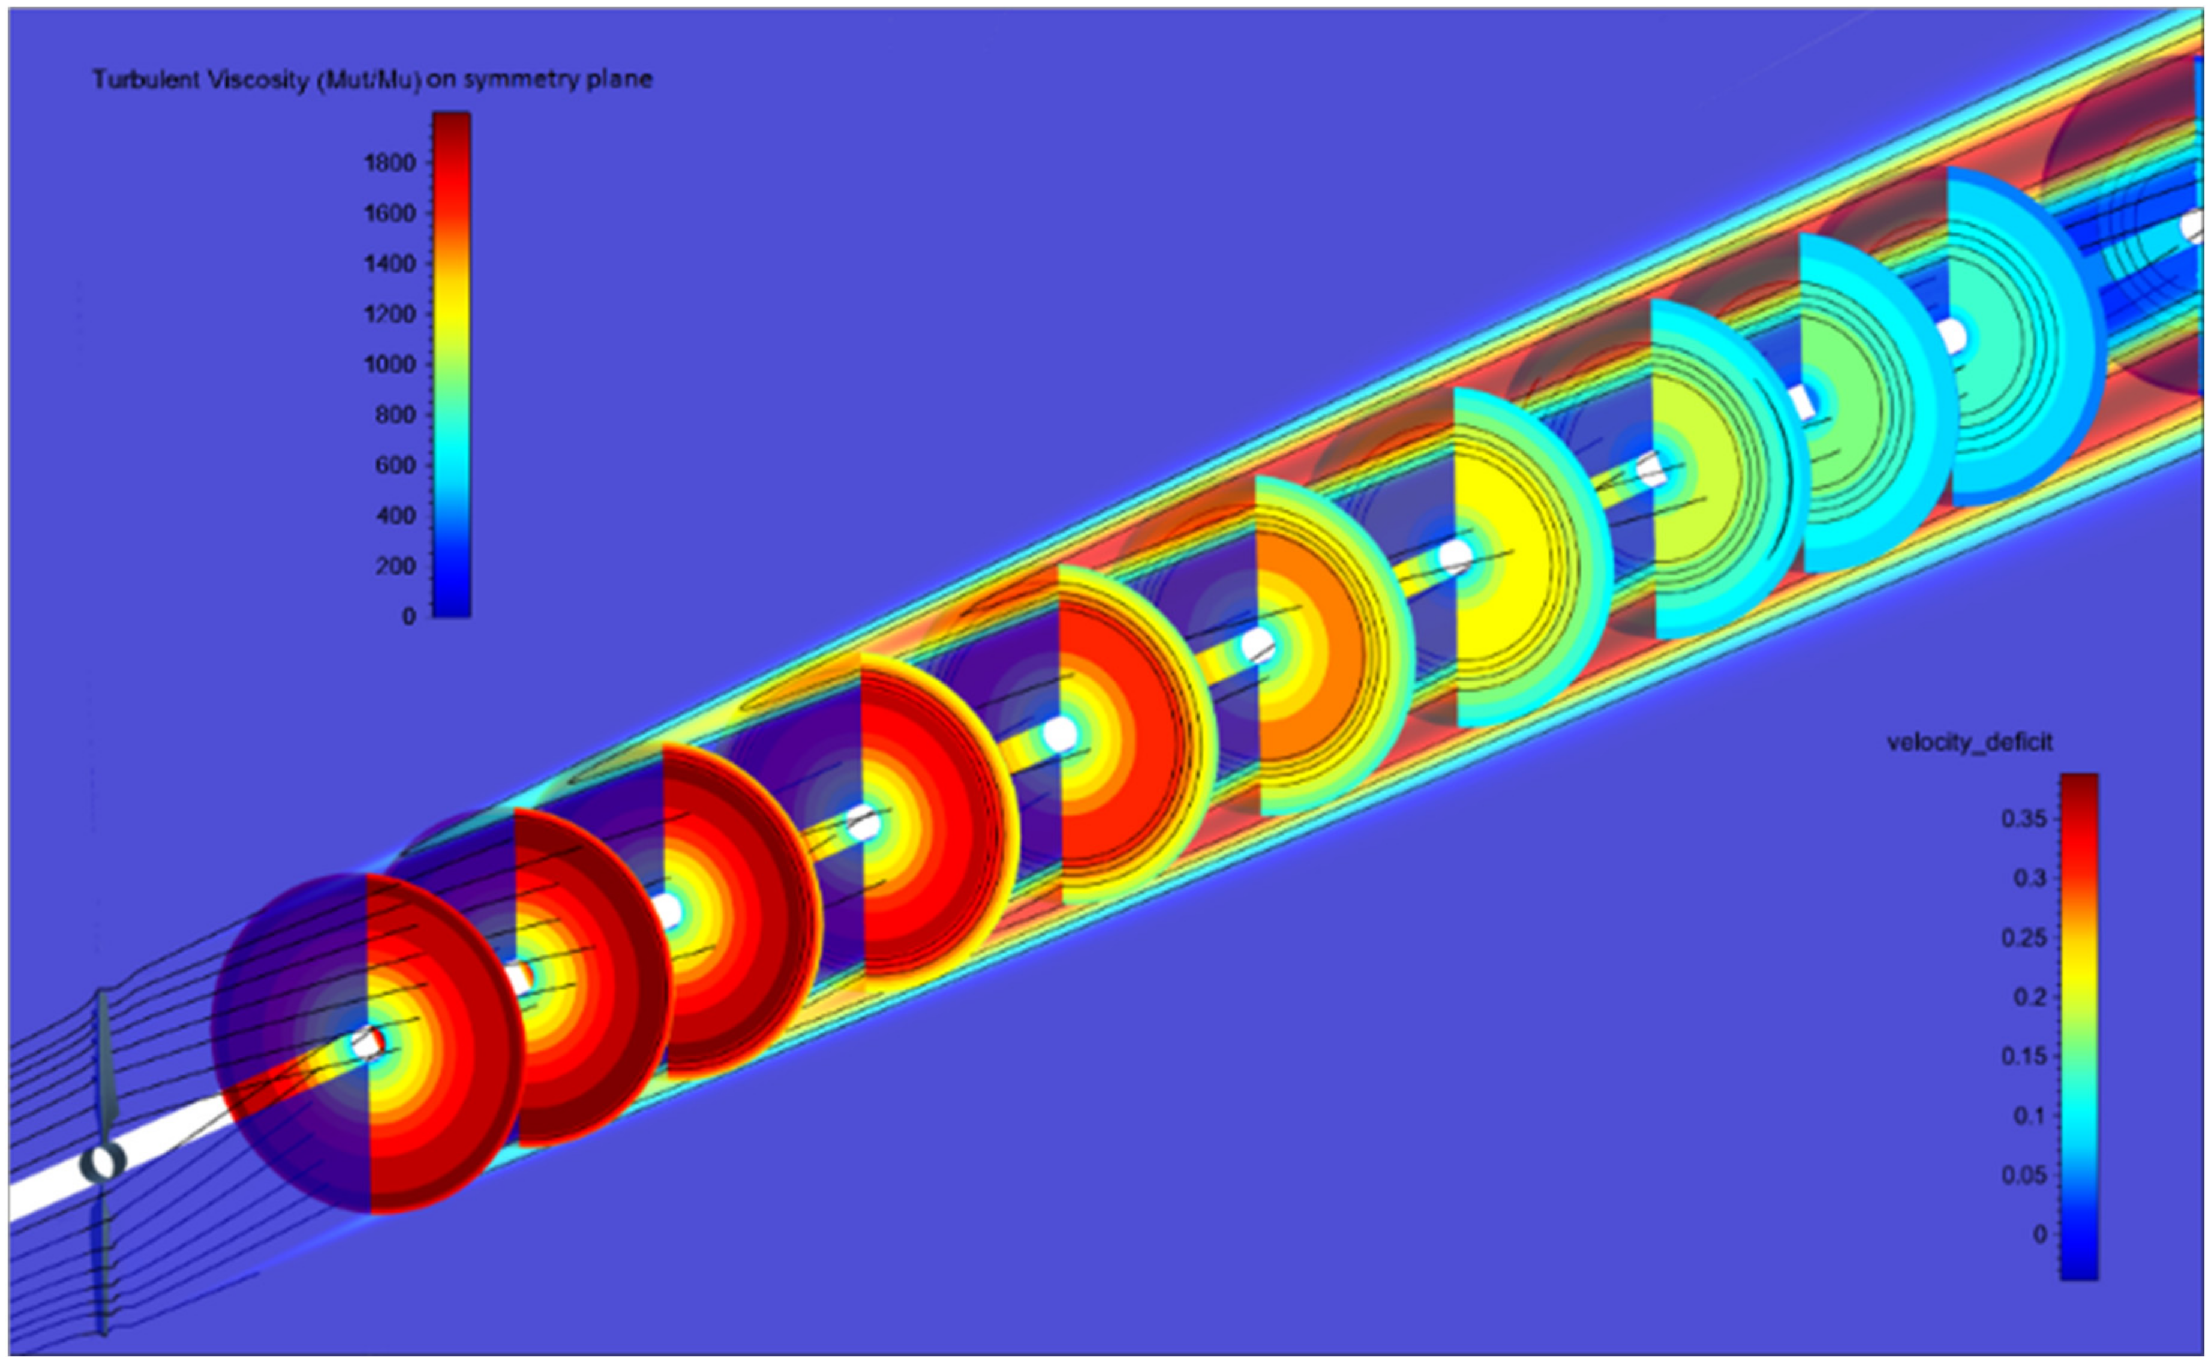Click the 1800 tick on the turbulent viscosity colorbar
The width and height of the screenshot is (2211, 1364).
(390, 163)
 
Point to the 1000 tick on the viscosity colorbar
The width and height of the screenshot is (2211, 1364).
(390, 365)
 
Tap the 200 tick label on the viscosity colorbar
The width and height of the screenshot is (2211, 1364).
(397, 566)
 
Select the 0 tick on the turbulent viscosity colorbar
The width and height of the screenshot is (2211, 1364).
(410, 617)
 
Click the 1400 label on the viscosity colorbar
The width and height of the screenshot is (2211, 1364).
(390, 263)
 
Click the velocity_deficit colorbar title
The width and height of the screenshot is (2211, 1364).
(1969, 743)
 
